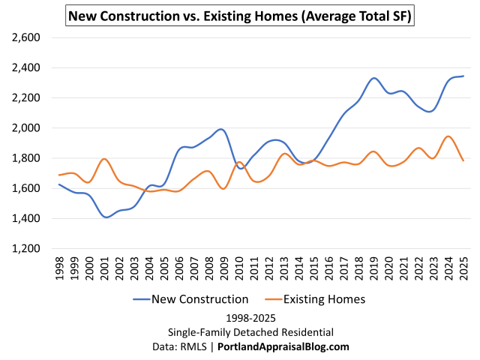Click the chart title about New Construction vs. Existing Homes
coord(240,16)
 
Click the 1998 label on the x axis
coord(60,268)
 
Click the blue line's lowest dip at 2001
coord(106,217)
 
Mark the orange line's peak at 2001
coord(105,159)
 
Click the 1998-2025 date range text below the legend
coord(240,319)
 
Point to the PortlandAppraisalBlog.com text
coord(283,346)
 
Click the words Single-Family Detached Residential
coord(240,332)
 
